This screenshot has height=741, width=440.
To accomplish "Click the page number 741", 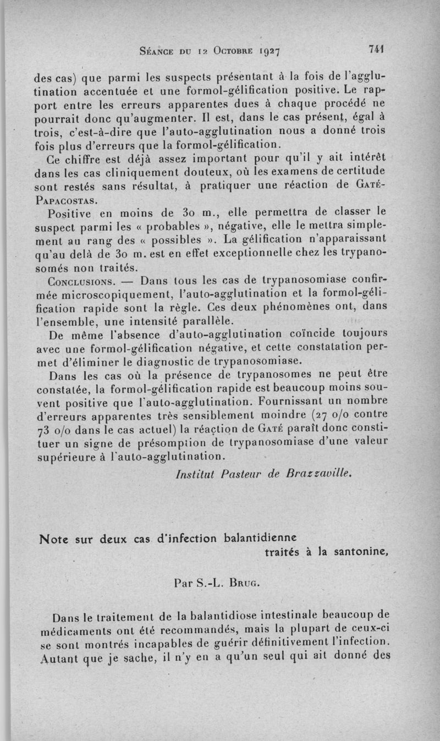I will pos(376,50).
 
